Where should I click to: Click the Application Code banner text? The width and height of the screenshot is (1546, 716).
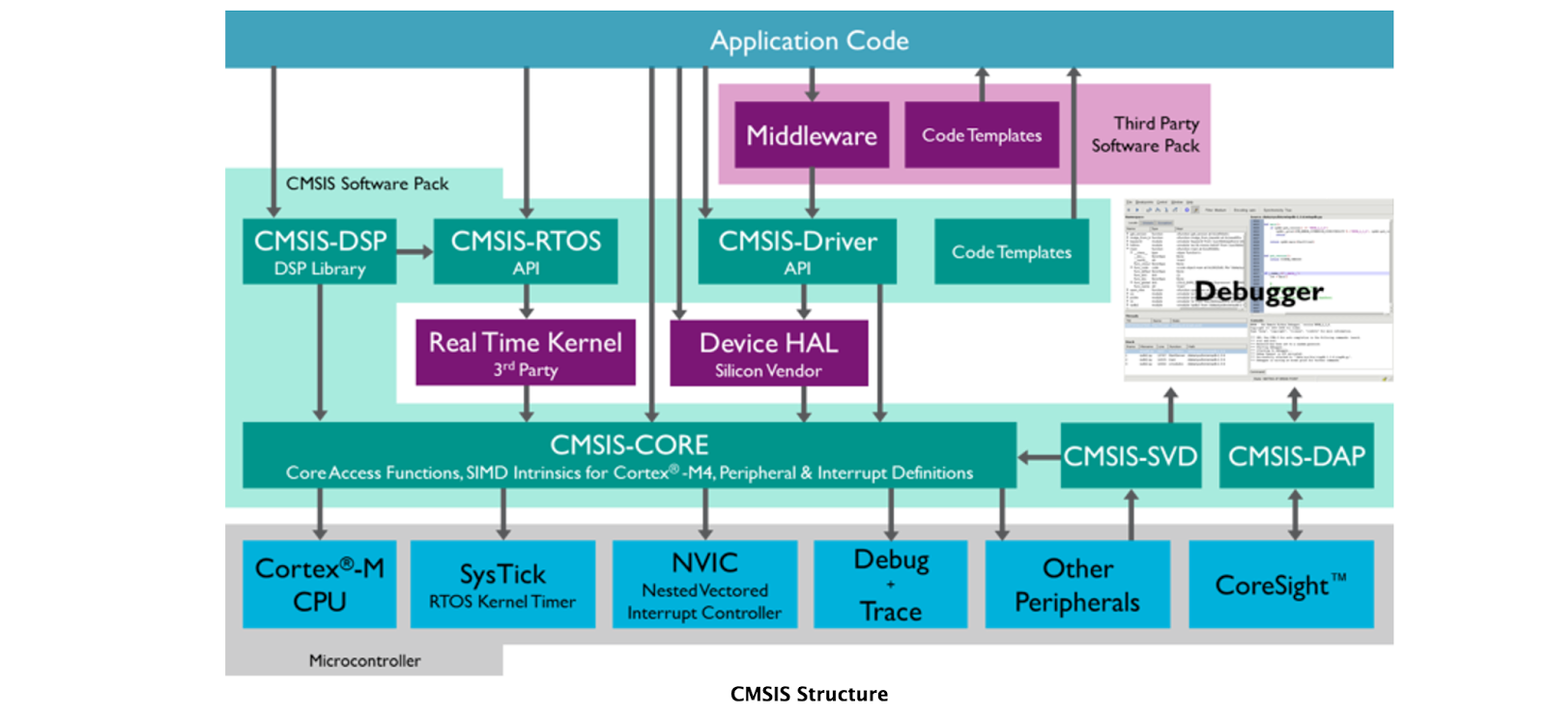(809, 41)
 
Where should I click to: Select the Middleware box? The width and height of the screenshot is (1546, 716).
(811, 135)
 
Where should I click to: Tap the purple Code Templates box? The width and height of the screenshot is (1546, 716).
(981, 135)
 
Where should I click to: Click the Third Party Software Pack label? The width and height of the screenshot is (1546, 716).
(1147, 134)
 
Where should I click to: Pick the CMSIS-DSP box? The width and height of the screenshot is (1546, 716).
(319, 251)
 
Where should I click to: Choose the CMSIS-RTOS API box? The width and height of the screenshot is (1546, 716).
(525, 251)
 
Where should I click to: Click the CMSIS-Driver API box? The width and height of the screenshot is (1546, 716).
(796, 251)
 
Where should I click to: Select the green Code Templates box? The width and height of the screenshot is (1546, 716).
(1011, 252)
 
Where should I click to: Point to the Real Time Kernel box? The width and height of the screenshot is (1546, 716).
(525, 353)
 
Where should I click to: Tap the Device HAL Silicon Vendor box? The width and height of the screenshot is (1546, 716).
(768, 354)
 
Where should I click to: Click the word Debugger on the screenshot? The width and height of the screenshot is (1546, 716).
(1258, 291)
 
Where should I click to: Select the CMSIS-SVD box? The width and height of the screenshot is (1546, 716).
(1130, 456)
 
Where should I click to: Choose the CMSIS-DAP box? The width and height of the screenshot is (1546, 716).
(1296, 456)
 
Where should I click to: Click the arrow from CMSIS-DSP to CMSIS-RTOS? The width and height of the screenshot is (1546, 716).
(415, 252)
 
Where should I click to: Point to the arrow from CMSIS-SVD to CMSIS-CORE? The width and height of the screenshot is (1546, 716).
(1039, 457)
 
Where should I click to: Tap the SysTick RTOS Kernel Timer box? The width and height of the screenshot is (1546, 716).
(502, 585)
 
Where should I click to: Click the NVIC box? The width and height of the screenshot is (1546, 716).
(704, 585)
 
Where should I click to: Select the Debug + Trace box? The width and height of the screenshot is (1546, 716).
(890, 585)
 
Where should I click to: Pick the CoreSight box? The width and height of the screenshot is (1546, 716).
(1280, 585)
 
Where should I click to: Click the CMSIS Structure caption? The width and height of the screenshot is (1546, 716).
(809, 694)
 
